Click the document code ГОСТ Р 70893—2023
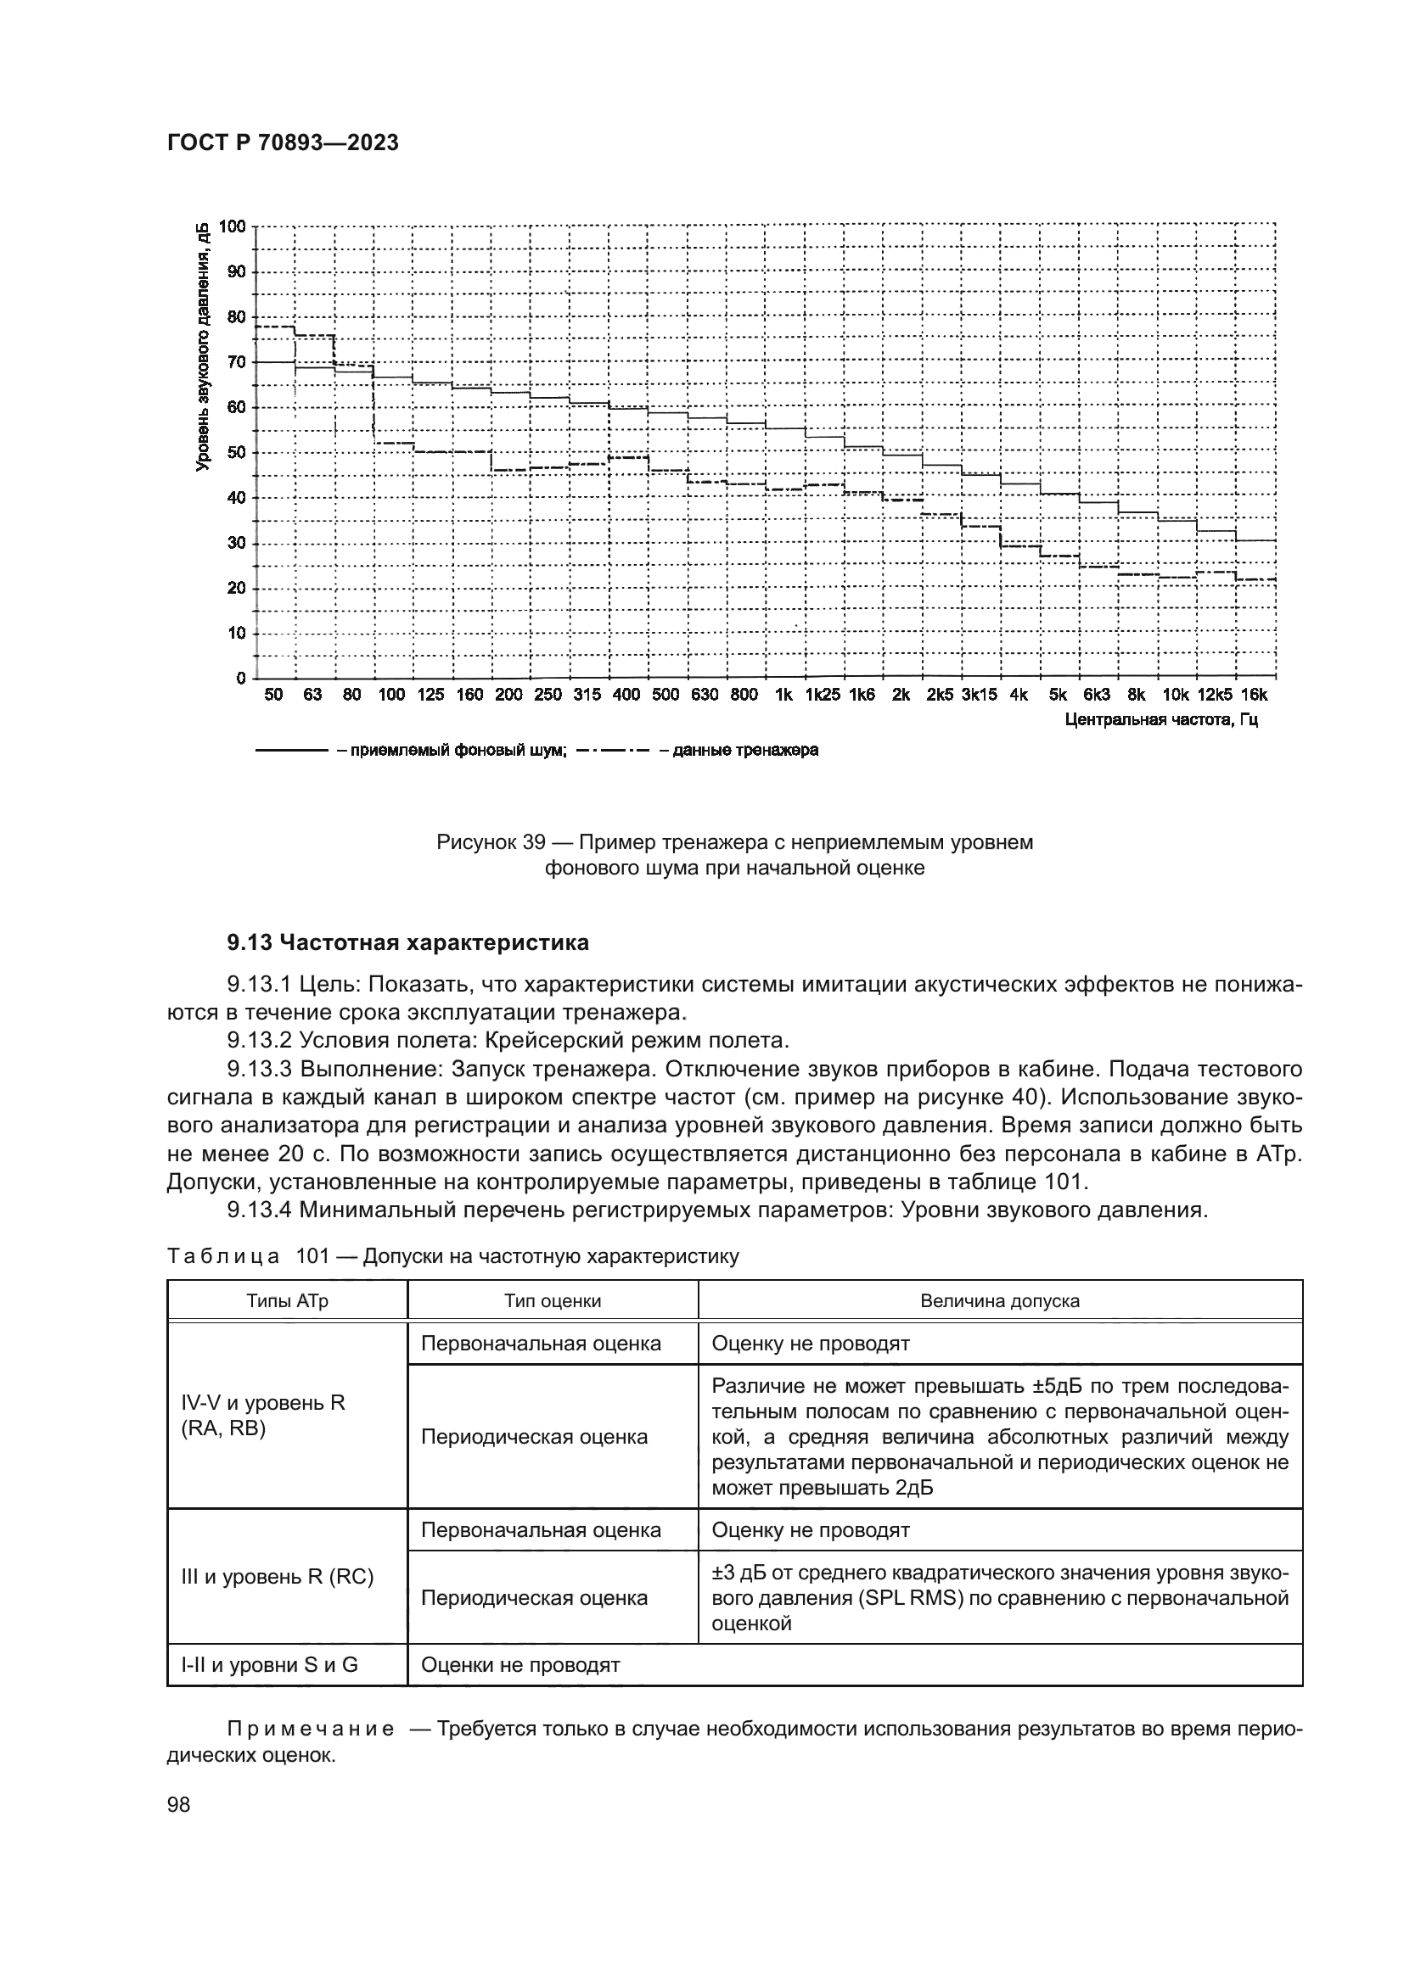[282, 143]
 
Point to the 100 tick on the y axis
[233, 226]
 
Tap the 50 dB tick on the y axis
[236, 453]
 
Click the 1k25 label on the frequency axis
[823, 696]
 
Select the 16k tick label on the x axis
[1254, 696]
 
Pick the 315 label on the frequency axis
[587, 696]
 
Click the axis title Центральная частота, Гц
[1161, 720]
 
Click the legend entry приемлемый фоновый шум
[452, 750]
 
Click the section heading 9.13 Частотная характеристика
[408, 942]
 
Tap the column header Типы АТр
[287, 1301]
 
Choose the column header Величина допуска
[999, 1301]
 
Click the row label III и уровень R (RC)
[277, 1577]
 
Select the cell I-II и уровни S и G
[269, 1665]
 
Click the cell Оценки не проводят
[519, 1665]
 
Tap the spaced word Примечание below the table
[311, 1729]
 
